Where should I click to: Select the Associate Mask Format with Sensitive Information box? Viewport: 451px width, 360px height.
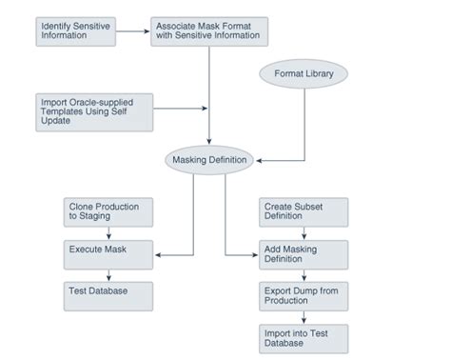pos(209,30)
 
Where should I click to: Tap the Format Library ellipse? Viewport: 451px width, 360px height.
pos(304,73)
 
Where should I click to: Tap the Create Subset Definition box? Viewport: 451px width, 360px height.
pos(304,212)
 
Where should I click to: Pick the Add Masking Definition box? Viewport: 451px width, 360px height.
pos(304,253)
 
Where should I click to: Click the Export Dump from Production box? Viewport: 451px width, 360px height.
pos(304,295)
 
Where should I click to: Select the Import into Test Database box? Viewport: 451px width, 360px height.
pos(304,337)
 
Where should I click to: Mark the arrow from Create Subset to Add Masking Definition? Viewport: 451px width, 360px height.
pos(304,233)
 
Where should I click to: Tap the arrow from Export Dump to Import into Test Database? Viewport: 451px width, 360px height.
pos(304,316)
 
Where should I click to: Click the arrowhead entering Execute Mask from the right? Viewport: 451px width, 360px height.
pos(158,253)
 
